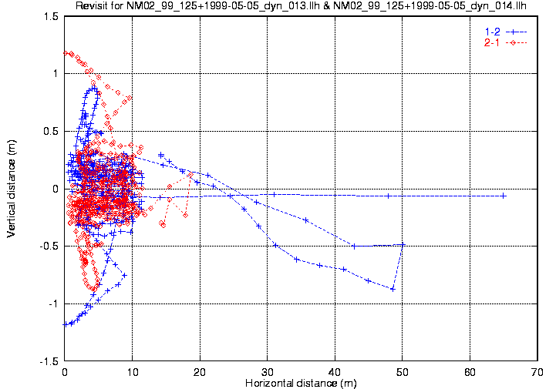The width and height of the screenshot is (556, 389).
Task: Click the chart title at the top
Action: (x=302, y=7)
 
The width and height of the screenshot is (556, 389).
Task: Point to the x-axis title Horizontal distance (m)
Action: (x=299, y=383)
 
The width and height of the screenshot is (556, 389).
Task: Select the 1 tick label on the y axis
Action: (x=55, y=74)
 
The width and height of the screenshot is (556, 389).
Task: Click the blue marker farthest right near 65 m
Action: (x=504, y=196)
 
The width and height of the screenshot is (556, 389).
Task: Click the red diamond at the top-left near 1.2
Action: (x=66, y=53)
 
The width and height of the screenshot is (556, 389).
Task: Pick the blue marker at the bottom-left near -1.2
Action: (x=66, y=325)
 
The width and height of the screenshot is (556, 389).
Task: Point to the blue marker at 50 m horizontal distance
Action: (x=402, y=245)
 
